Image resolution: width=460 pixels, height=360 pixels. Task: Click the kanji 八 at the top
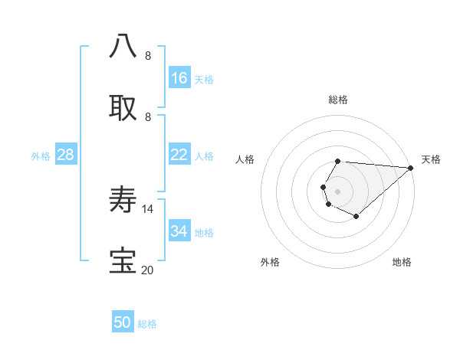pyautogui.click(x=123, y=46)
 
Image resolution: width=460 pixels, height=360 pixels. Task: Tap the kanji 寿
pyautogui.click(x=123, y=201)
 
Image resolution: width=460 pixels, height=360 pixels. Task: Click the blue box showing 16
pyautogui.click(x=179, y=78)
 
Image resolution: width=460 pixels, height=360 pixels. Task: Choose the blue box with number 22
pyautogui.click(x=179, y=155)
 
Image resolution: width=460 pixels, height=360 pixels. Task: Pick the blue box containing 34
pyautogui.click(x=179, y=231)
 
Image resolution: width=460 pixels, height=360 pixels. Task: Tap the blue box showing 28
pyautogui.click(x=66, y=155)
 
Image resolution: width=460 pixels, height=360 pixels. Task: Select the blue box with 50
pyautogui.click(x=123, y=322)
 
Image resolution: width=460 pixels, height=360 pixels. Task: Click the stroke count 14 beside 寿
pyautogui.click(x=148, y=208)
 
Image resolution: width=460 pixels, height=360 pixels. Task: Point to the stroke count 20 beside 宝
pyautogui.click(x=148, y=270)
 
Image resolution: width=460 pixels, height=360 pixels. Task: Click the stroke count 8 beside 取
pyautogui.click(x=148, y=116)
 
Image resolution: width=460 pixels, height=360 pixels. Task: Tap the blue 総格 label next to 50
pyautogui.click(x=148, y=324)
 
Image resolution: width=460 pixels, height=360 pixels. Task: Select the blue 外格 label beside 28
pyautogui.click(x=41, y=156)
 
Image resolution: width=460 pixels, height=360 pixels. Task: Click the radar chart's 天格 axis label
pyautogui.click(x=431, y=159)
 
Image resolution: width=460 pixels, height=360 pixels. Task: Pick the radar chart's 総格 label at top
pyautogui.click(x=338, y=100)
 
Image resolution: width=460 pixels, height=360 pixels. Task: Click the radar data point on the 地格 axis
pyautogui.click(x=356, y=217)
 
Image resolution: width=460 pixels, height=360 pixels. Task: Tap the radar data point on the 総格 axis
pyautogui.click(x=338, y=161)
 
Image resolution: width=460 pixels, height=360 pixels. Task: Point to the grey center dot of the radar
pyautogui.click(x=338, y=190)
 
